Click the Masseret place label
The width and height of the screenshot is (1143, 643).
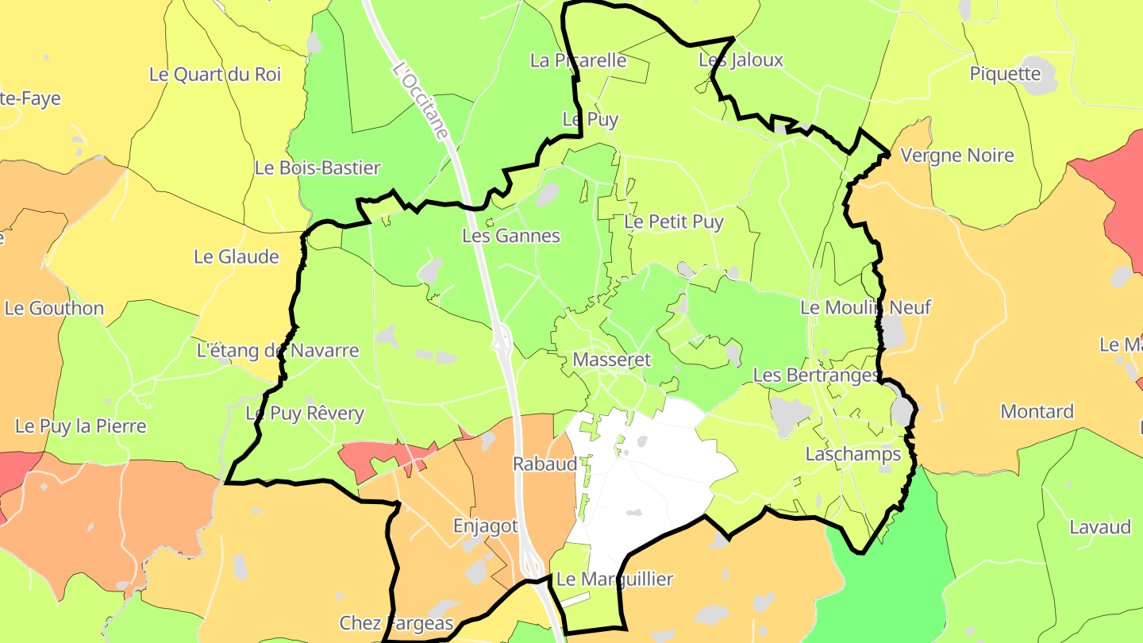tap(611, 360)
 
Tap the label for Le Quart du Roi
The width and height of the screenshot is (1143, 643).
tap(215, 75)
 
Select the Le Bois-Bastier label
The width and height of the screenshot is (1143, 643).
tap(317, 168)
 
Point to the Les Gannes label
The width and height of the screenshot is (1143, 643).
tap(510, 236)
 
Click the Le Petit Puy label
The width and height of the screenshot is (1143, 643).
tap(673, 222)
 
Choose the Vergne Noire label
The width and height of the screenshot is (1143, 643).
tap(957, 156)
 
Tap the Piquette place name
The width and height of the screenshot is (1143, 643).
tap(1004, 74)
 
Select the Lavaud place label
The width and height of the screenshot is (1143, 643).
tap(1099, 527)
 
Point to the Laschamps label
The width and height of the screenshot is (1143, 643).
tap(853, 454)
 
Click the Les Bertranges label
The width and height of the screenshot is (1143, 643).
tap(816, 375)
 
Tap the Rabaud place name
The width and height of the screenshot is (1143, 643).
tap(545, 464)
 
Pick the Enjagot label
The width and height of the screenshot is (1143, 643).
tap(485, 526)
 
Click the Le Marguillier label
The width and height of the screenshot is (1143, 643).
tap(614, 579)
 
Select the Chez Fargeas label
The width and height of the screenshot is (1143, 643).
tap(396, 623)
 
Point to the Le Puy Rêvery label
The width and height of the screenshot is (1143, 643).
tap(305, 413)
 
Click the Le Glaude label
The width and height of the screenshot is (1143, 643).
tap(237, 256)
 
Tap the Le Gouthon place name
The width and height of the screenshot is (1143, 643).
tap(54, 308)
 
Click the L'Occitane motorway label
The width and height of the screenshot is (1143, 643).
tap(421, 104)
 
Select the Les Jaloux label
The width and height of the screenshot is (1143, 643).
tap(741, 60)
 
